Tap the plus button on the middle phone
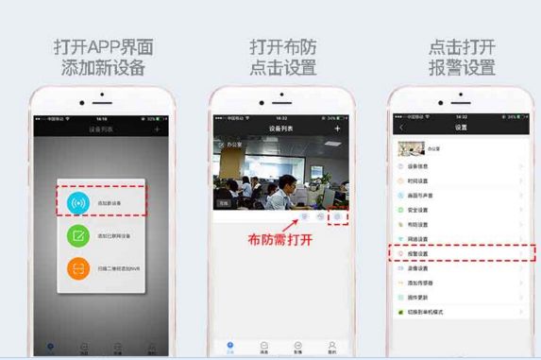tap(337, 127)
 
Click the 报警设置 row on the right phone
tap(458, 253)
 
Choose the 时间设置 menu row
tap(458, 180)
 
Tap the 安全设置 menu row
tap(458, 210)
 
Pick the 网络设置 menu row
tap(458, 239)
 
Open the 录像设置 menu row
tap(458, 268)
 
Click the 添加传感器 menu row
tap(458, 283)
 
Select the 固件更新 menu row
tap(458, 297)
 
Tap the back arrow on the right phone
tap(402, 127)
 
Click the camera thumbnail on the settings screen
tap(411, 148)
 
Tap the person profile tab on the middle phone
tap(330, 346)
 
